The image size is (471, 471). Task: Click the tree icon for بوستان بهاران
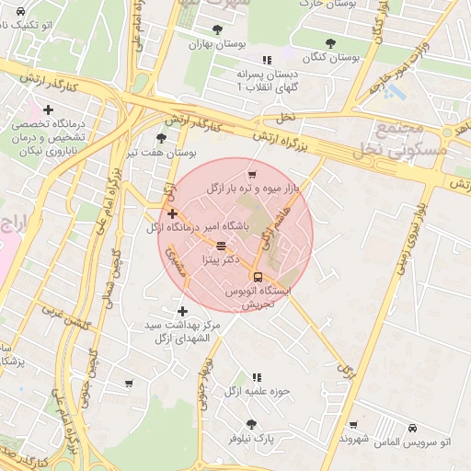tap(217, 29)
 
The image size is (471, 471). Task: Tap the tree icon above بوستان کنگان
tap(331, 42)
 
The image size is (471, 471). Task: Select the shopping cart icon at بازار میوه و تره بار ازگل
tap(251, 175)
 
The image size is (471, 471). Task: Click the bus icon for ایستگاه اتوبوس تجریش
tap(257, 276)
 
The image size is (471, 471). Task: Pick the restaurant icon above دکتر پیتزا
tap(220, 246)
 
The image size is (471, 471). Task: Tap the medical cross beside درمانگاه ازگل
tap(172, 214)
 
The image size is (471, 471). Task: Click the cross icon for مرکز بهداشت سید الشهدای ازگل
tap(182, 311)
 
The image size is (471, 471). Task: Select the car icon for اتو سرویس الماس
tap(412, 428)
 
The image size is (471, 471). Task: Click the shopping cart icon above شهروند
tap(353, 426)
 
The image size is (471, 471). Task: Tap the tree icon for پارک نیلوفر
tap(251, 424)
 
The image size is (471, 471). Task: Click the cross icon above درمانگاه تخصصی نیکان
tap(48, 109)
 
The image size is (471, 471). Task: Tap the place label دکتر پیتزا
tap(219, 260)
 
